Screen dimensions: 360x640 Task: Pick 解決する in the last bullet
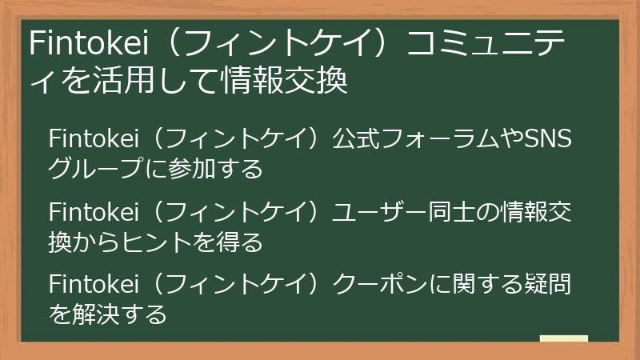(119, 314)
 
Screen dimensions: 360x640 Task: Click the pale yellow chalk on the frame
(563, 338)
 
